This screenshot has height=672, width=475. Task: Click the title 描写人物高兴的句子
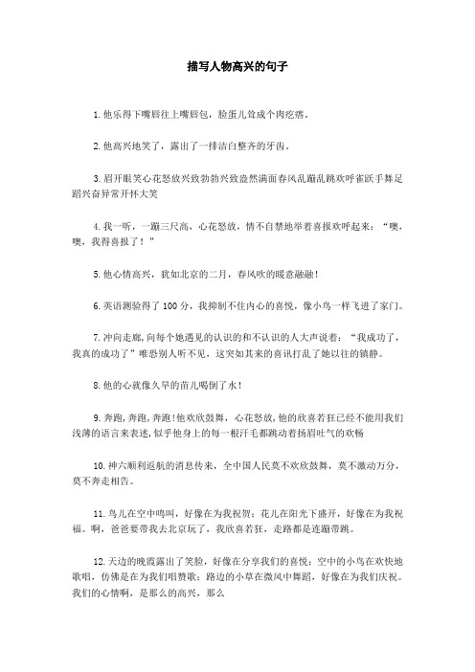(x=237, y=69)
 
